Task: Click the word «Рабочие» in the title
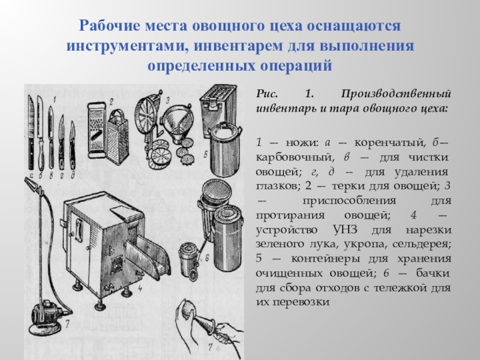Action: pyautogui.click(x=109, y=26)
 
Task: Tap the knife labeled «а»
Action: pyautogui.click(x=31, y=132)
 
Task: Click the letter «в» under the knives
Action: pyautogui.click(x=51, y=175)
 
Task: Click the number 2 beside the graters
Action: pyautogui.click(x=112, y=101)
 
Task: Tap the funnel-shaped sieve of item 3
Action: pyautogui.click(x=178, y=122)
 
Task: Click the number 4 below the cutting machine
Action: pyautogui.click(x=140, y=288)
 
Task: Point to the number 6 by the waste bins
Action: pyautogui.click(x=207, y=258)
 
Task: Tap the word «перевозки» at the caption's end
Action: pyautogui.click(x=301, y=302)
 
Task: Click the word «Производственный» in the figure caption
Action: pyautogui.click(x=396, y=94)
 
